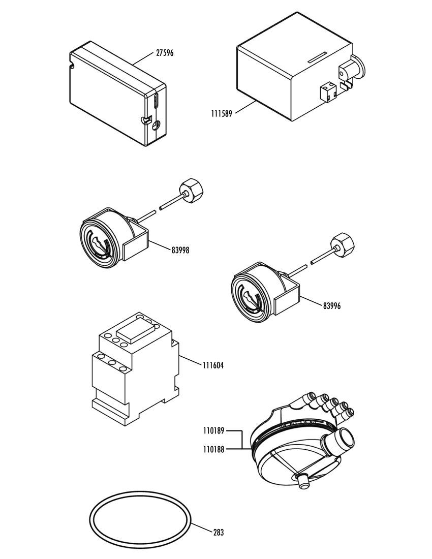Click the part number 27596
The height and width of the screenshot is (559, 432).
[165, 53]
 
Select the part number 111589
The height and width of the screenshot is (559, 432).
[222, 114]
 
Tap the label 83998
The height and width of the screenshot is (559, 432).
[180, 250]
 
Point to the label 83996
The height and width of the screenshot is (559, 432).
[332, 305]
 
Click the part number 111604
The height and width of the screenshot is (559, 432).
[213, 365]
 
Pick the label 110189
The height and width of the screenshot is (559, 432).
[214, 431]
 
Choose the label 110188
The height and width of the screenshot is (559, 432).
[214, 450]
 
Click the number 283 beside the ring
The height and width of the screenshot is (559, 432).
[219, 532]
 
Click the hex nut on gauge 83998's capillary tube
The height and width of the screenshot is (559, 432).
[194, 189]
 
